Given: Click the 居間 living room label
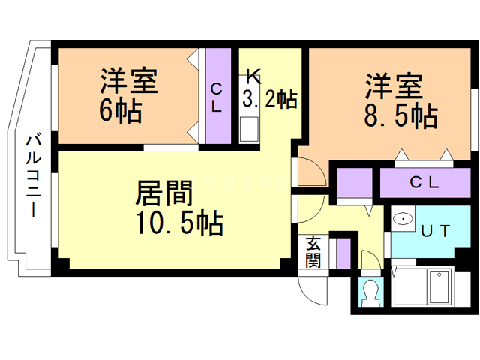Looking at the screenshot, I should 164,193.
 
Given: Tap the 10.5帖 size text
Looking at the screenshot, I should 178,223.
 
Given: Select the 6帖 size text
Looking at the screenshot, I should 121,110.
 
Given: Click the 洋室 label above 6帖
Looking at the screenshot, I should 128,81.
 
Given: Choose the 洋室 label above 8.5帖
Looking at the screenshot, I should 394,85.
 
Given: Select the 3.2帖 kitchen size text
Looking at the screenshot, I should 269,98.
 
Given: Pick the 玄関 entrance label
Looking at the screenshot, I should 313,253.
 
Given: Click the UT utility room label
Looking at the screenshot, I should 435,232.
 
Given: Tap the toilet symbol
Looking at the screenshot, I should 369,293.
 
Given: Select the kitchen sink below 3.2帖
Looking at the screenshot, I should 249,129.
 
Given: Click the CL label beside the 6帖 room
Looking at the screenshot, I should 217,97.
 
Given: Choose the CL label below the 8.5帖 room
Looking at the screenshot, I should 424,182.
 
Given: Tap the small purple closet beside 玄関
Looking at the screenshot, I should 342,253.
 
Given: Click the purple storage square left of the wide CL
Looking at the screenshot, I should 354,183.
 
